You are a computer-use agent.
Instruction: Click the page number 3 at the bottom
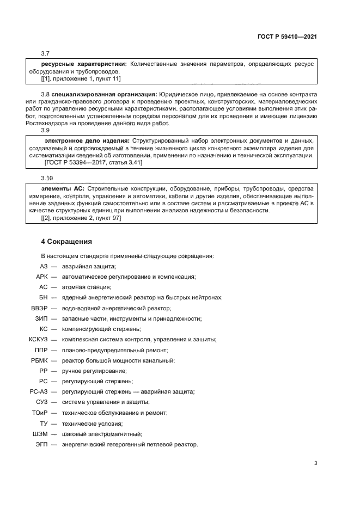[x=315, y=463]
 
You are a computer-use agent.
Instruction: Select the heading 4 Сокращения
[x=67, y=241]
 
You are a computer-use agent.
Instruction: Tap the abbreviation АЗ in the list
[x=44, y=266]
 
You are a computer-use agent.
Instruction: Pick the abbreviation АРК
[x=41, y=277]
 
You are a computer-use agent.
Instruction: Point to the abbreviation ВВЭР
[x=39, y=308]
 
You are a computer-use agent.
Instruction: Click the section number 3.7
[x=46, y=53]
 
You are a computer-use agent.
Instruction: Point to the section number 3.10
[x=47, y=179]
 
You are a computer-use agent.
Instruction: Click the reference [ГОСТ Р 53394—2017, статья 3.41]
[x=96, y=163]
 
